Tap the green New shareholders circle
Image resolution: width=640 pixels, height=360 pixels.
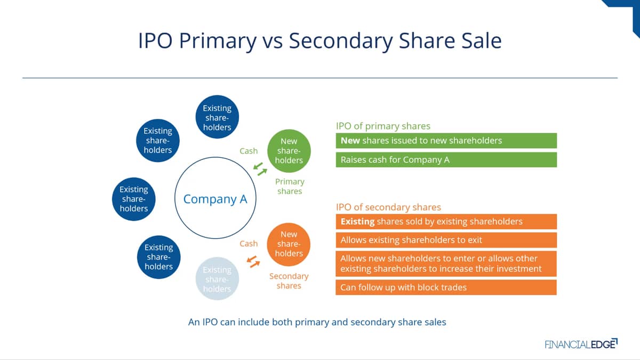point(289,151)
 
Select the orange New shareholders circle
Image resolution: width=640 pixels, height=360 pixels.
point(289,244)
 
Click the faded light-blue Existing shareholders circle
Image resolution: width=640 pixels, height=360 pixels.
point(217,278)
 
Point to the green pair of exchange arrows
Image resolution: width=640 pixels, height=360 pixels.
point(260,169)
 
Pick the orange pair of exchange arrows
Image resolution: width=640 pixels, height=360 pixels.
point(253,262)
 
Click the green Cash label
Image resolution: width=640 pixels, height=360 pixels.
point(249,151)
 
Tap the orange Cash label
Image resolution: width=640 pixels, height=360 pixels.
point(249,244)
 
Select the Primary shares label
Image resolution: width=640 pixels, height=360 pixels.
point(290,186)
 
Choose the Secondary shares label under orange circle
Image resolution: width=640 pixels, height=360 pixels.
point(289,281)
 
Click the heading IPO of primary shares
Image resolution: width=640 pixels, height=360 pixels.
point(383,126)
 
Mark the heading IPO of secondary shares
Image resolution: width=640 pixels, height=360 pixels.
point(389,207)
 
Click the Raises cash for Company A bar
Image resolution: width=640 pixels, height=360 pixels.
point(446,159)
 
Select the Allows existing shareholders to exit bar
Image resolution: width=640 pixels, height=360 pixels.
point(446,240)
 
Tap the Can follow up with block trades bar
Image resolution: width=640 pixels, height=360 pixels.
point(446,287)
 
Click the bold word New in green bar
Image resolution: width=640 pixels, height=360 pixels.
point(350,141)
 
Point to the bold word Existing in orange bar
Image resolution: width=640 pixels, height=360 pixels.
point(357,222)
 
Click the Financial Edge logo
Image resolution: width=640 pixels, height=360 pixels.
point(581,343)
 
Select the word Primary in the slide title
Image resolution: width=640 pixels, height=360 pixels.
point(218,41)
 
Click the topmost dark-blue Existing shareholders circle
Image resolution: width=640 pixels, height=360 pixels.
point(217,117)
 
